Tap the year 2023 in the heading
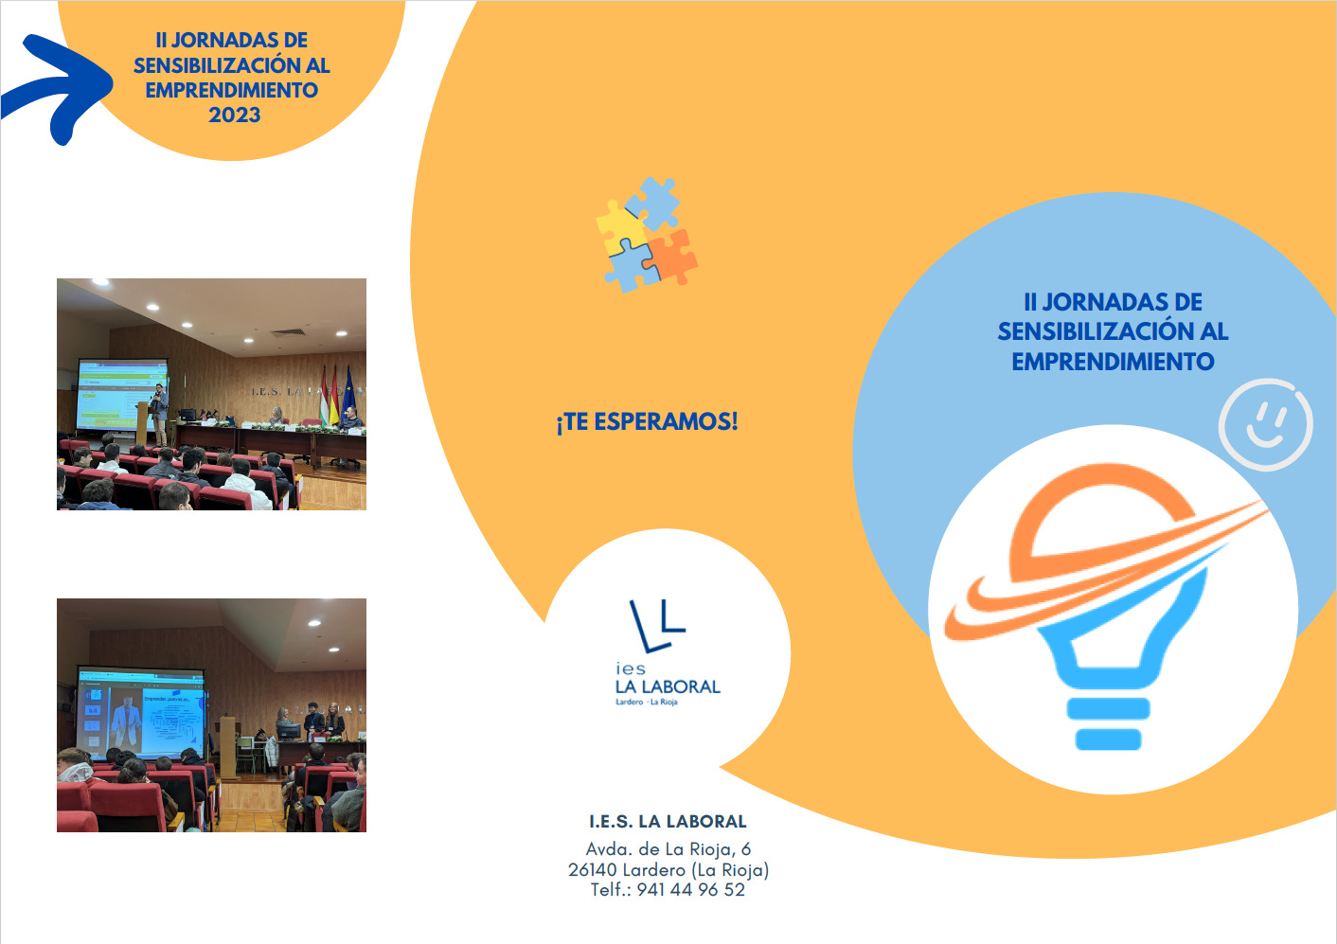click(235, 115)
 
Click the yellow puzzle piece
click(621, 226)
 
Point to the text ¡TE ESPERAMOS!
click(647, 422)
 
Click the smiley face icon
click(1265, 424)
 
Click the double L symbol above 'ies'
click(657, 625)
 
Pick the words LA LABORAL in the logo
click(668, 686)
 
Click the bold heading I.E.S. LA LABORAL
click(668, 822)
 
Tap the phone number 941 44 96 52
click(691, 890)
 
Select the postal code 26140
click(593, 870)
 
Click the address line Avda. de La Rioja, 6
click(668, 849)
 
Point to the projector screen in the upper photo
click(122, 394)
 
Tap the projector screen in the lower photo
click(143, 714)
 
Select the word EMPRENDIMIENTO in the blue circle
click(1114, 362)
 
